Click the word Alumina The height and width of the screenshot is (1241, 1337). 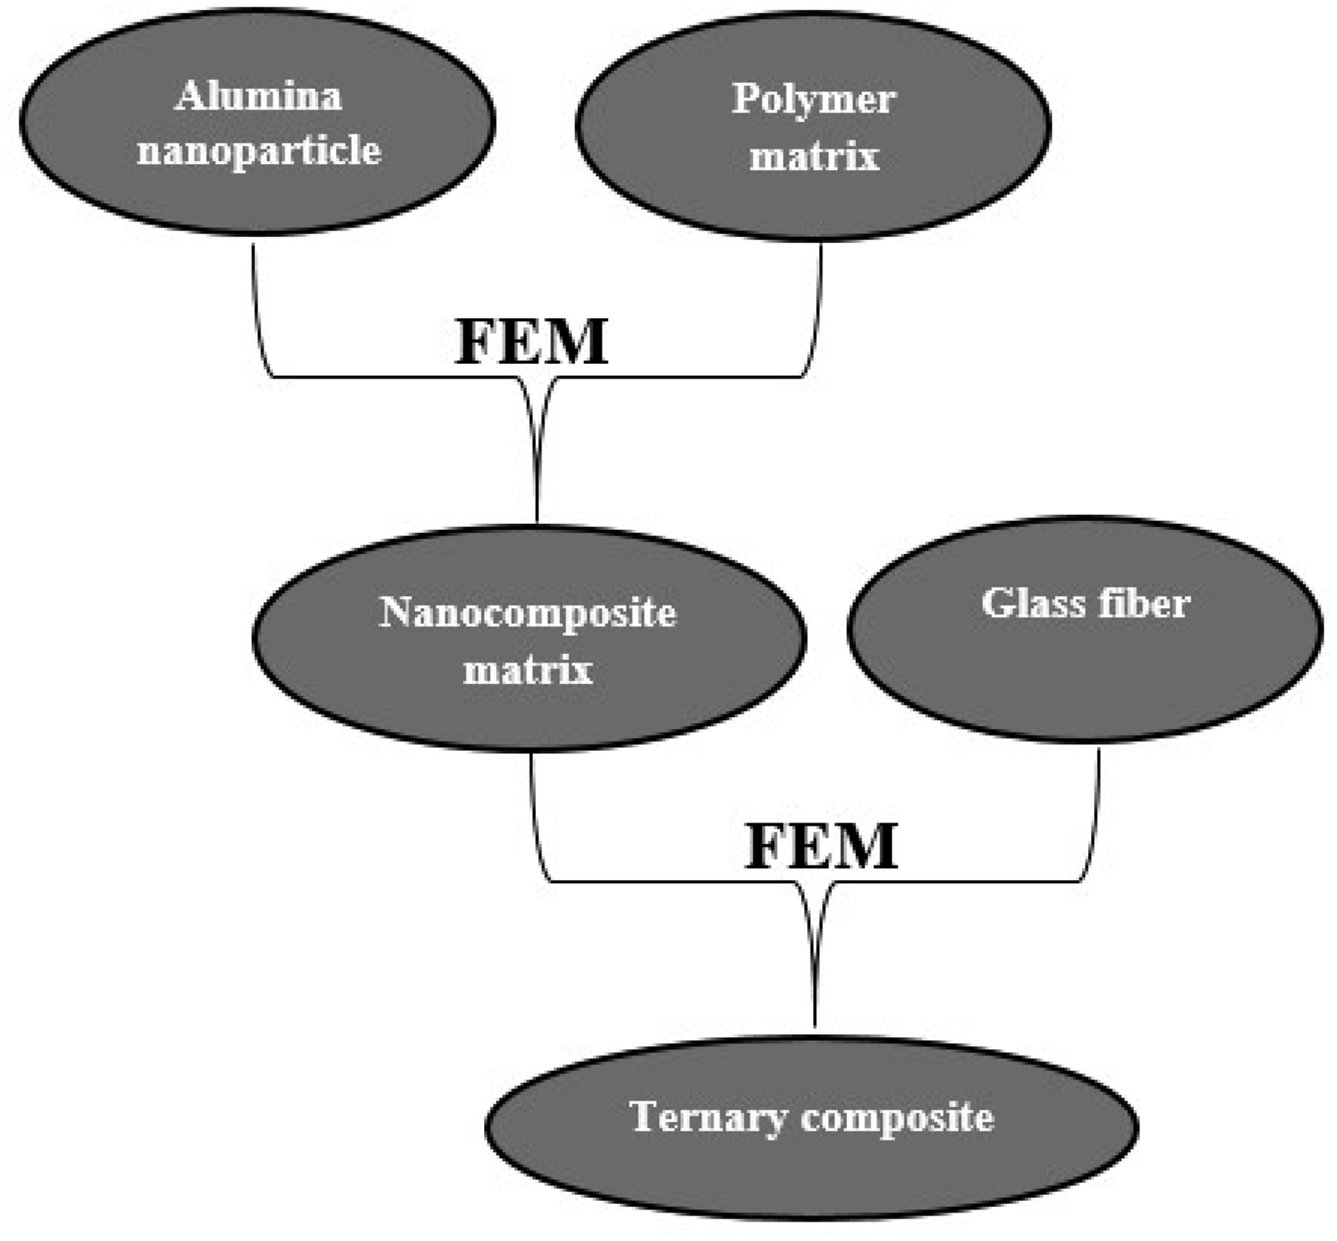[x=258, y=96]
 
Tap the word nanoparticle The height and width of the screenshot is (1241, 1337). [x=259, y=150]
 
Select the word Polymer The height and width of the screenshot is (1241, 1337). [x=814, y=100]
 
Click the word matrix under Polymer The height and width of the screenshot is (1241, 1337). [x=814, y=156]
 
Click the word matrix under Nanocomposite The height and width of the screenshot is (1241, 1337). [x=528, y=669]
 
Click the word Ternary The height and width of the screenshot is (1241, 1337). [x=707, y=1118]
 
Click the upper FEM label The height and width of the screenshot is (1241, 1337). [x=531, y=342]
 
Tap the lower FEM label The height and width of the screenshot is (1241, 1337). [x=821, y=846]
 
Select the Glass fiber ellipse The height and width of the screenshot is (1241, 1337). [x=1085, y=630]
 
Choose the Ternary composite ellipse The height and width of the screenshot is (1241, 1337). [x=812, y=1128]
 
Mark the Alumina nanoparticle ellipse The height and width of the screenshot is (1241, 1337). [x=257, y=122]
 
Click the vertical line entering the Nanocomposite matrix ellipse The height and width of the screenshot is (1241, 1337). [x=537, y=452]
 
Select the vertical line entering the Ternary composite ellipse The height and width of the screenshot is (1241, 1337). [x=815, y=956]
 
